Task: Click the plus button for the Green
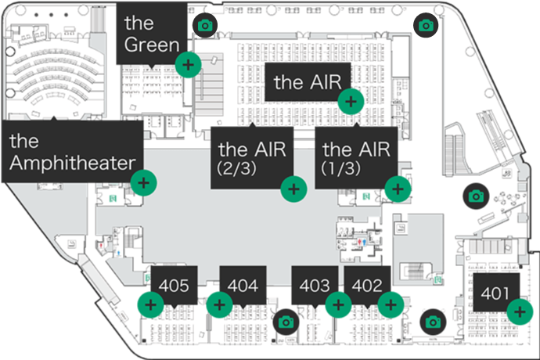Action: tap(187, 64)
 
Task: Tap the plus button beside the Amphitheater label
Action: tap(143, 184)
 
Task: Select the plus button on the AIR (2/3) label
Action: tap(293, 188)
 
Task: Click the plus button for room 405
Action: tap(149, 304)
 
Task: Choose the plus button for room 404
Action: tap(219, 304)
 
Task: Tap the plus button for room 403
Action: tap(338, 304)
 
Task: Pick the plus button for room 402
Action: tap(391, 304)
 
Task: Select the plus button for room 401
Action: tap(518, 312)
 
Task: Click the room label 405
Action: tap(173, 286)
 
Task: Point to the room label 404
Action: tap(243, 286)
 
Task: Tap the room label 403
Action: tap(315, 286)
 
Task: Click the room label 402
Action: tap(367, 286)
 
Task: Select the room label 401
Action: tap(491, 294)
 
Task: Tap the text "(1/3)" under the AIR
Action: tap(338, 168)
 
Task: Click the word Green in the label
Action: tap(152, 45)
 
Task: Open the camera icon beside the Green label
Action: tap(205, 25)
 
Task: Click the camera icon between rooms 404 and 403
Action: tap(286, 321)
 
